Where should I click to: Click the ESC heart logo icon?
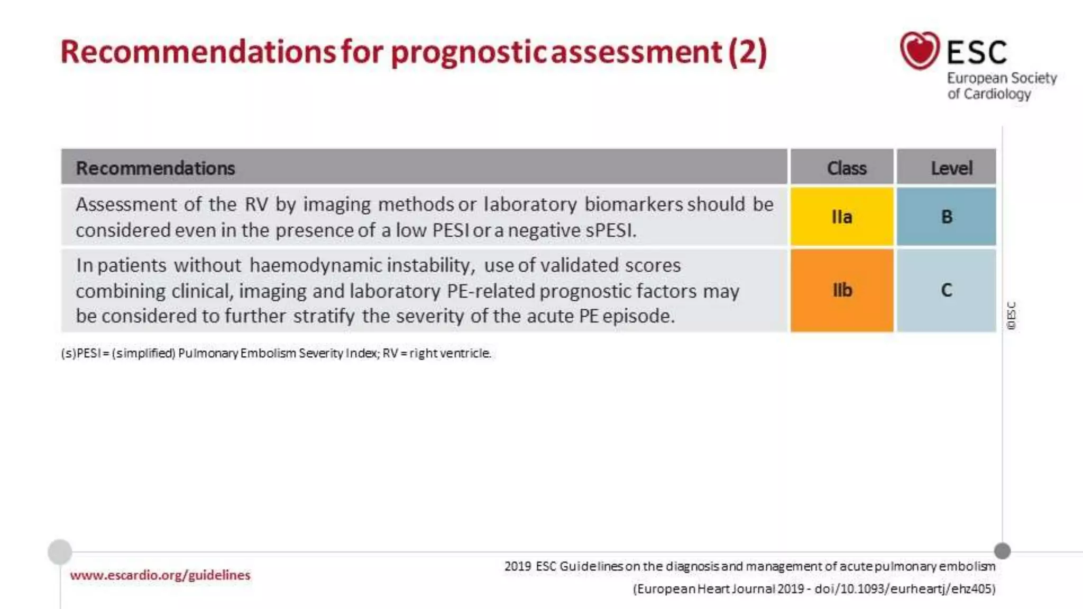920,50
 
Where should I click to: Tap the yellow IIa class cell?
842,217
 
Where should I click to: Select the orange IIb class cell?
842,290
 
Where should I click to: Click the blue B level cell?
947,217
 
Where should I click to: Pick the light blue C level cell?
947,290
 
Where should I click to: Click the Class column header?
847,168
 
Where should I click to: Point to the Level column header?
951,168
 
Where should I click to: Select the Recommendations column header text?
155,168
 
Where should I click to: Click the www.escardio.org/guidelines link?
160,575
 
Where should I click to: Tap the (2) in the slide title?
748,52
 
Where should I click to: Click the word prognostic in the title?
467,52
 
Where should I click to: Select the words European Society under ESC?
1002,78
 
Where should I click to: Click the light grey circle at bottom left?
60,552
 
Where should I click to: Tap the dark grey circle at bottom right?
1002,551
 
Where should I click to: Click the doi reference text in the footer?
904,589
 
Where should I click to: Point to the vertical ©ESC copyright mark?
1012,316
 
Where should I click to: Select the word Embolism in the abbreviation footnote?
268,353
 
